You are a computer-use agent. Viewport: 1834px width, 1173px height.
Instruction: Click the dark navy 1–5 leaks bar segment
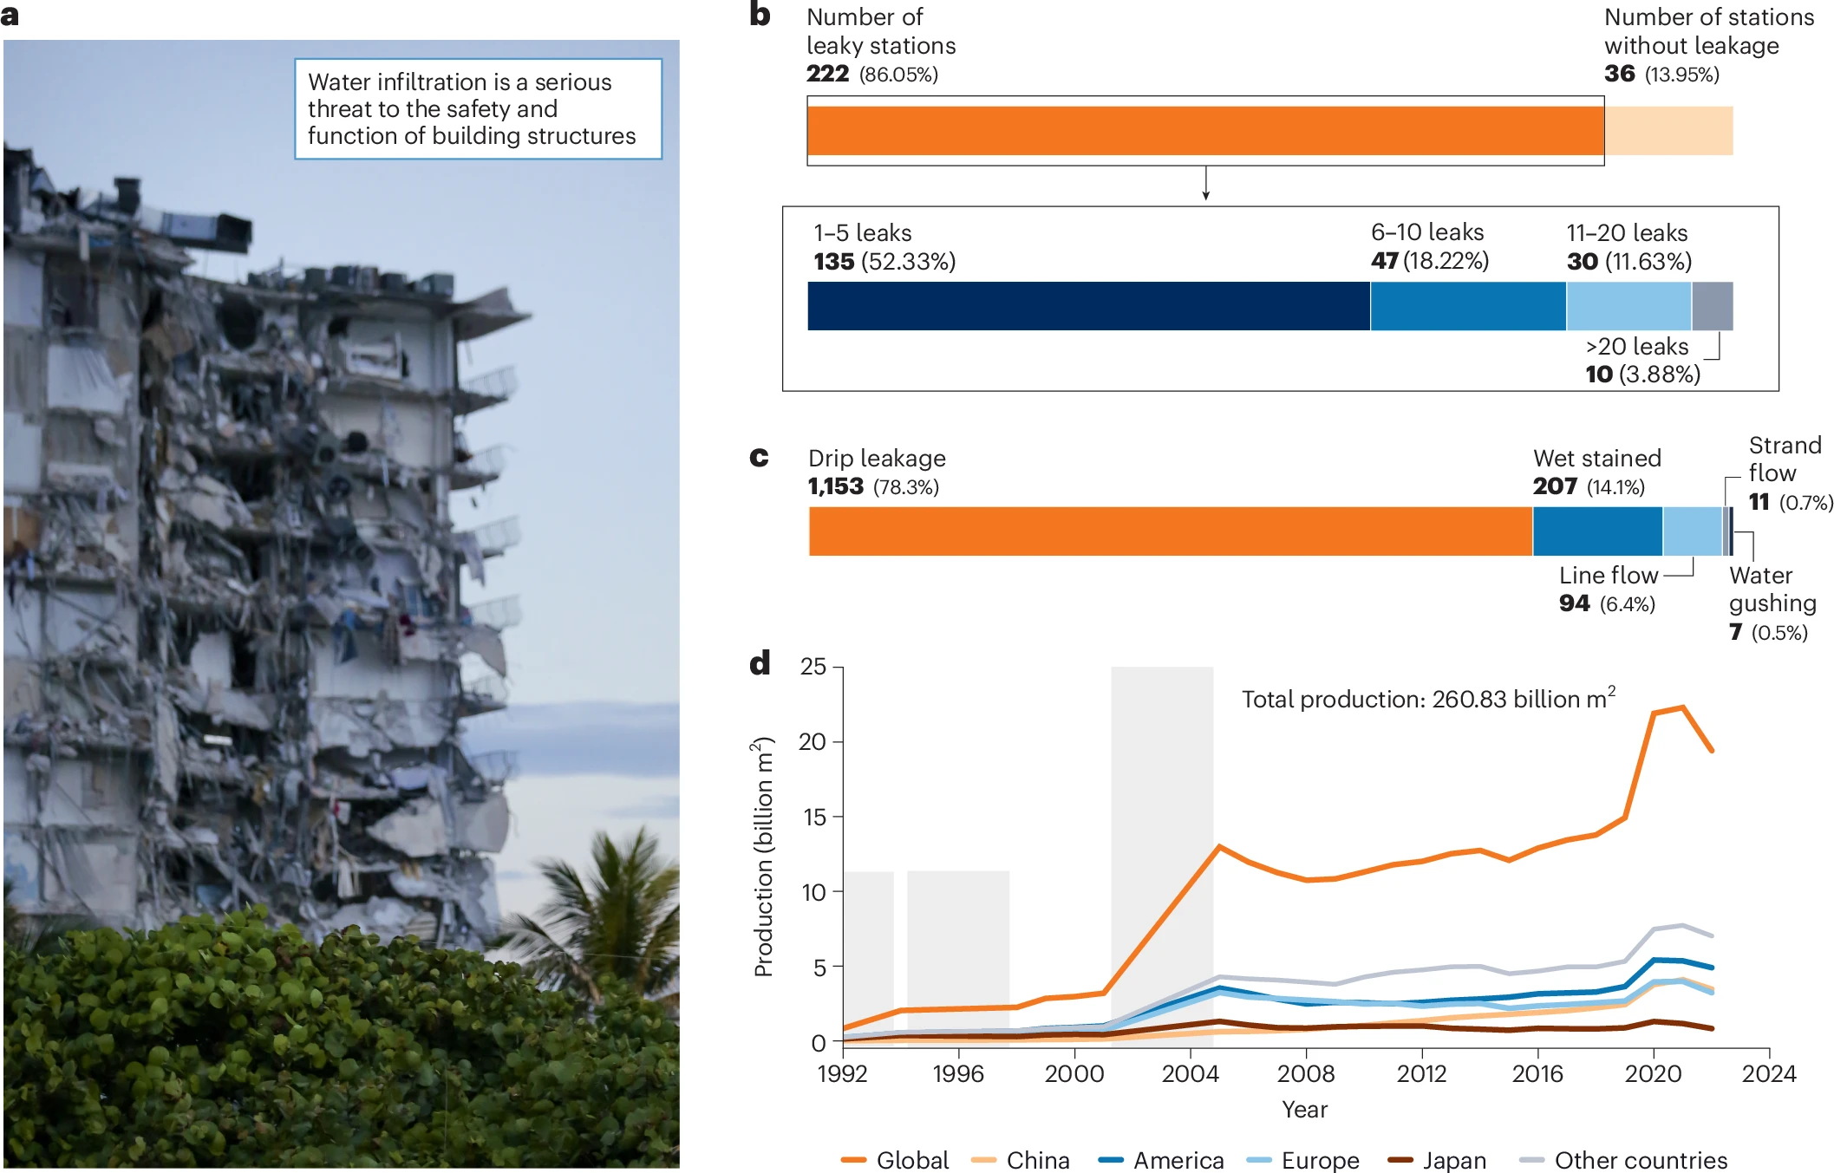(1088, 306)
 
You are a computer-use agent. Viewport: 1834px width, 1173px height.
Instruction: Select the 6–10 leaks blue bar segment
(1468, 306)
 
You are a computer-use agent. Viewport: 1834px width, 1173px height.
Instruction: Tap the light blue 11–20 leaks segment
(1628, 306)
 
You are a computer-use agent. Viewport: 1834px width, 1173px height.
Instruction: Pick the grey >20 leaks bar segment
(1712, 306)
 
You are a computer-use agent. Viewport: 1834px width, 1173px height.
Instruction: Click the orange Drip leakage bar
(1170, 531)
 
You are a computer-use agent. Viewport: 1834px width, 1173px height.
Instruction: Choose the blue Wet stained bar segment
(1597, 531)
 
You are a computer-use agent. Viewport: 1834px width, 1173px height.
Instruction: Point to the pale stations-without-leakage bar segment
(1668, 131)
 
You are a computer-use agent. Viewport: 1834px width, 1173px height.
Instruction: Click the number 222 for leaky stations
(827, 74)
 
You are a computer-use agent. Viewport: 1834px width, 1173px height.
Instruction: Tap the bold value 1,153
(836, 486)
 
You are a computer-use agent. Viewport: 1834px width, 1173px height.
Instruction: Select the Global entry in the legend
(895, 1160)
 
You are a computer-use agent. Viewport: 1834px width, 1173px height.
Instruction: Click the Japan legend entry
(1437, 1160)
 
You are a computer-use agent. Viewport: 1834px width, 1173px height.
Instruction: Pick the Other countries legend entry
(1623, 1160)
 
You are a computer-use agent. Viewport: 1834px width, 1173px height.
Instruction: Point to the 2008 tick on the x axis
(1306, 1073)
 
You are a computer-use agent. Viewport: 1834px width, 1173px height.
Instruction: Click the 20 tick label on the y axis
(813, 742)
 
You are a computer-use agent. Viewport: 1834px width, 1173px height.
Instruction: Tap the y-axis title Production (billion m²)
(762, 857)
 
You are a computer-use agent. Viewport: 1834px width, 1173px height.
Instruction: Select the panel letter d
(760, 664)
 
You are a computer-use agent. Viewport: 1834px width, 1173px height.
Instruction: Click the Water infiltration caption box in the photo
(478, 109)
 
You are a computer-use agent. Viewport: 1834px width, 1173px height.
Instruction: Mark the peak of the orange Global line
(1682, 707)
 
